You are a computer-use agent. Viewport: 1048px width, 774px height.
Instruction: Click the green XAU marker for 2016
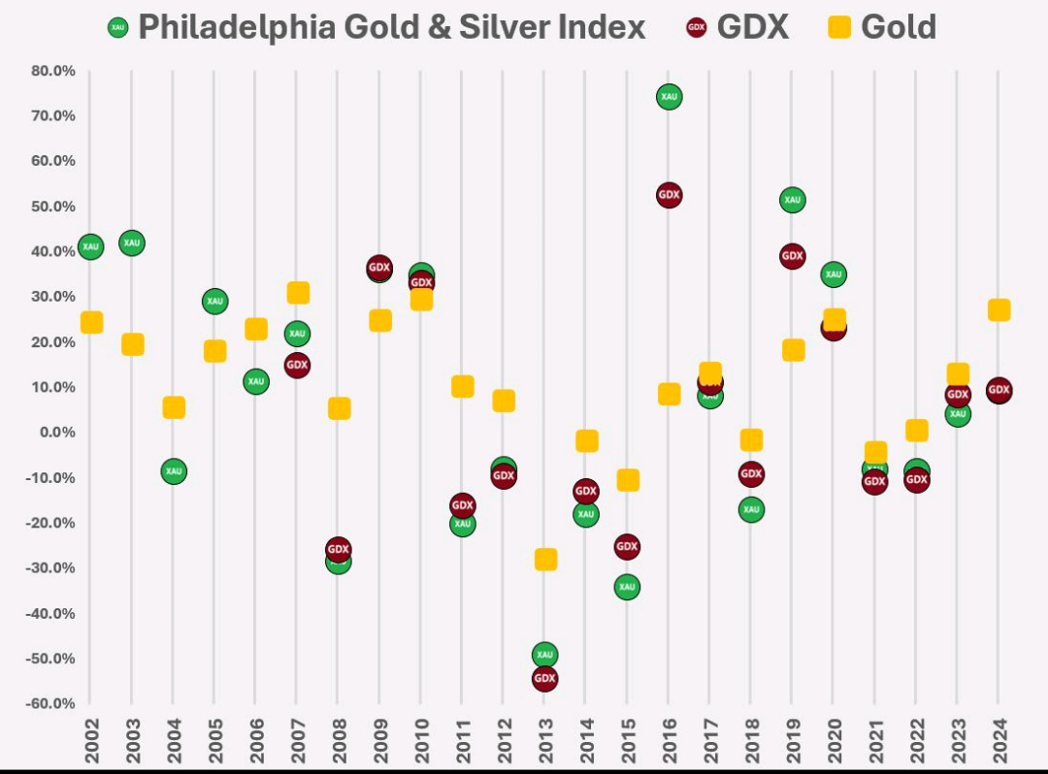[669, 96]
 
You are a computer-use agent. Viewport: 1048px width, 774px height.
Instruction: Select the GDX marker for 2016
[669, 195]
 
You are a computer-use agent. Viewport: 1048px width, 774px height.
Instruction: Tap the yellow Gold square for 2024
[999, 310]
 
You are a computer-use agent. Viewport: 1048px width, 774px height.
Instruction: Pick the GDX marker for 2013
[544, 678]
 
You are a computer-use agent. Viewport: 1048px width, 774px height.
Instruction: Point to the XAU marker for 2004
[173, 471]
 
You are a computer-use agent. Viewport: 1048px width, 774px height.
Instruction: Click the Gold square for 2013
[545, 560]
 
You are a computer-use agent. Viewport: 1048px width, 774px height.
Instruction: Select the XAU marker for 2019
[792, 200]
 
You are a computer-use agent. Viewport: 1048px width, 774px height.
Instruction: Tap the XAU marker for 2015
[627, 587]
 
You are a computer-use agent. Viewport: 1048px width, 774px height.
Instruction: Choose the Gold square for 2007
[298, 293]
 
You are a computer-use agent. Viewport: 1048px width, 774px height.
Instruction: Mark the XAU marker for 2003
[131, 242]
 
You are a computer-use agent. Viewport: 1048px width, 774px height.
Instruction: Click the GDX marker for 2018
[751, 474]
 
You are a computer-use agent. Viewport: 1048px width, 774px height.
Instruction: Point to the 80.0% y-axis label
[52, 71]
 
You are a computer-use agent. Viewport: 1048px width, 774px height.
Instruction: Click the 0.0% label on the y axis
[55, 433]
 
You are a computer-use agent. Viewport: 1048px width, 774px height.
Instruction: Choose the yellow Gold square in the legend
[840, 27]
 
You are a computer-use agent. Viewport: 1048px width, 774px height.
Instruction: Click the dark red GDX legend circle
[696, 27]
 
